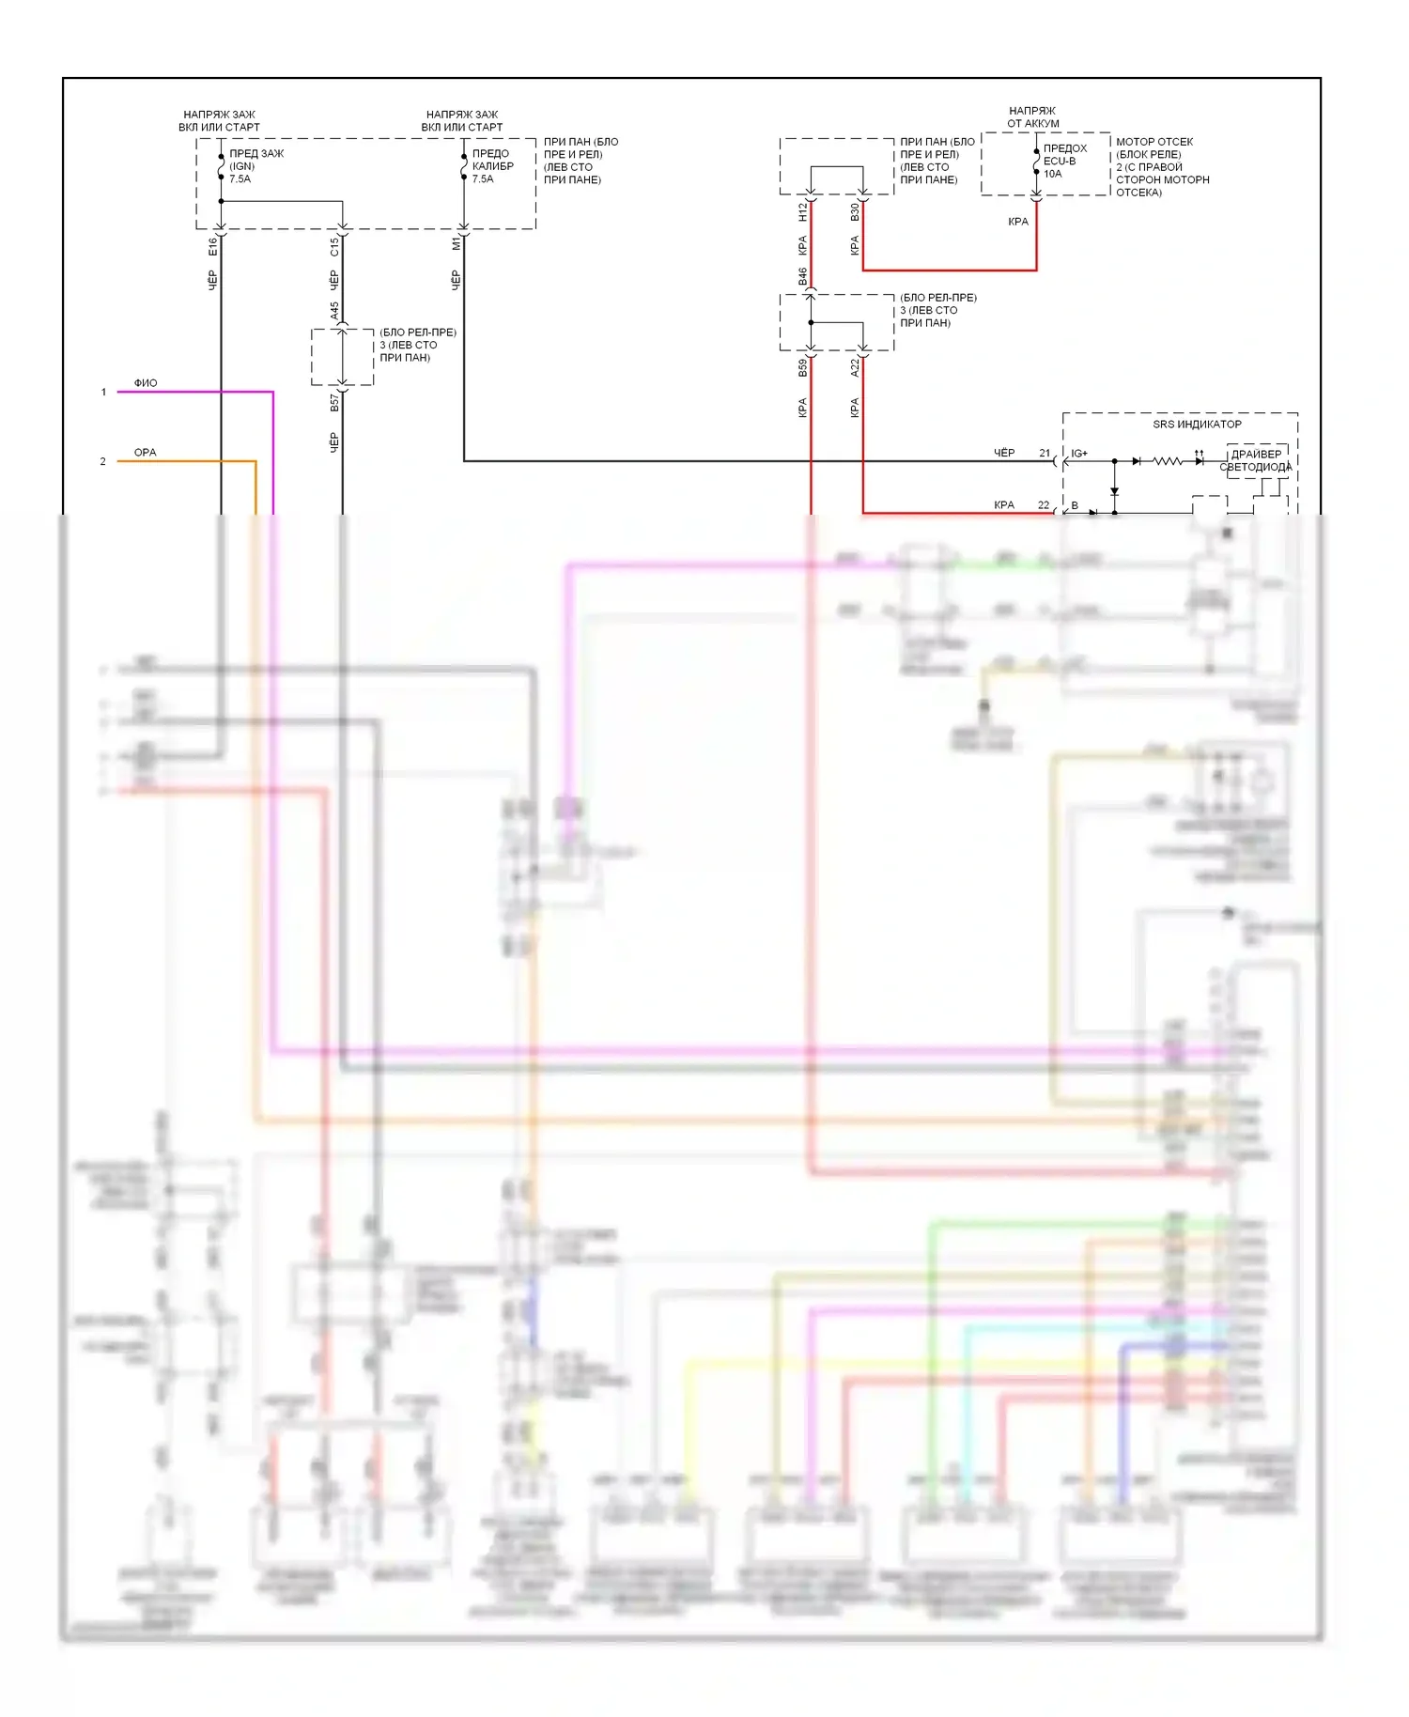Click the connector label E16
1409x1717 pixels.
(x=213, y=246)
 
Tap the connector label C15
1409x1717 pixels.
(x=334, y=246)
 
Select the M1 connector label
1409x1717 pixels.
(x=457, y=243)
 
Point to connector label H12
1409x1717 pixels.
(x=803, y=212)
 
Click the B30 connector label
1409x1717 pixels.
(x=855, y=212)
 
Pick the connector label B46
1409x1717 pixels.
(x=803, y=276)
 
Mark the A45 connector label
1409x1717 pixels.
(x=334, y=311)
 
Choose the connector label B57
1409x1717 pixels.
(x=334, y=403)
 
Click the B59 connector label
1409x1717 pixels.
(x=803, y=367)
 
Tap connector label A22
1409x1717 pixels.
(x=855, y=367)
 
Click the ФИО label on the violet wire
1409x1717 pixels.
(x=146, y=383)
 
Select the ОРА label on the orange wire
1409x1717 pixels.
(x=146, y=453)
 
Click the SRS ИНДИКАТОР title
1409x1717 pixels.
(x=1197, y=425)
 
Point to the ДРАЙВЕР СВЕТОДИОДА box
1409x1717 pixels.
(x=1256, y=460)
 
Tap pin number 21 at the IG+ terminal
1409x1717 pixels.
(x=1045, y=453)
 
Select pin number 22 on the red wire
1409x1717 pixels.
(x=1044, y=505)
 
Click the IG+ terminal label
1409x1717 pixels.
(x=1079, y=454)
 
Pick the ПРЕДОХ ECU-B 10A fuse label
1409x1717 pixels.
(x=1064, y=161)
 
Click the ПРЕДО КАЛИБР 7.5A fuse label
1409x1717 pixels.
(x=492, y=166)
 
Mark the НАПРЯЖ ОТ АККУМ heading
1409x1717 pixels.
(x=1032, y=116)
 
